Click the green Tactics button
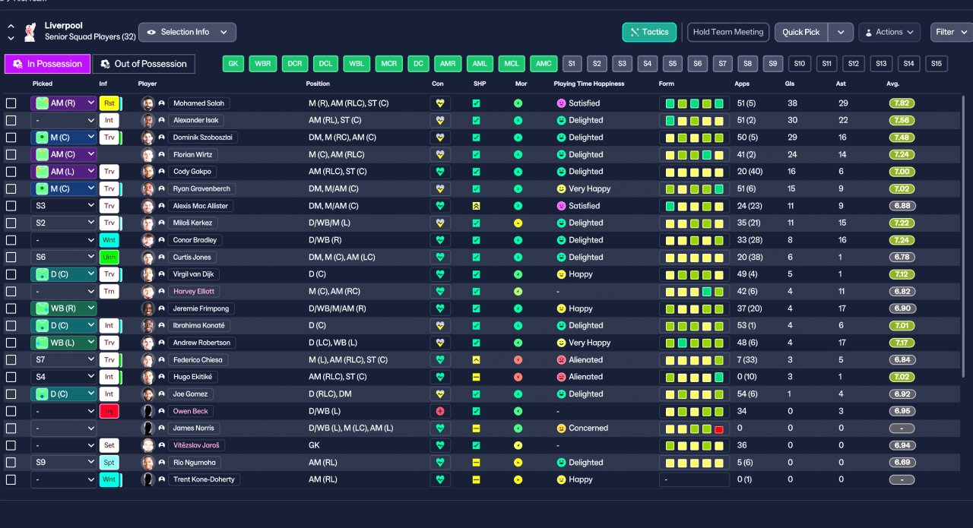click(x=649, y=32)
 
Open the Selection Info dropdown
click(x=187, y=32)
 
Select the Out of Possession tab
click(x=144, y=64)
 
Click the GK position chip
click(x=233, y=64)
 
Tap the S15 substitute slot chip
click(x=936, y=64)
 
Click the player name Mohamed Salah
click(x=198, y=103)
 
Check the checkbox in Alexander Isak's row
click(x=11, y=120)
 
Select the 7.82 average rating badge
click(x=902, y=103)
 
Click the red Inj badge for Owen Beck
click(x=109, y=411)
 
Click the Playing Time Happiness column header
click(x=588, y=84)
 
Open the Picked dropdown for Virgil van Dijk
click(x=63, y=274)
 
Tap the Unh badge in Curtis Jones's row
click(x=109, y=257)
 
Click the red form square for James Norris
click(x=719, y=429)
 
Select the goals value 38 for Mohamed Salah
click(x=792, y=103)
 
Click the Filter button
click(x=951, y=32)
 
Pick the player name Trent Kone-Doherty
click(x=204, y=479)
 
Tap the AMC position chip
click(x=544, y=64)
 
